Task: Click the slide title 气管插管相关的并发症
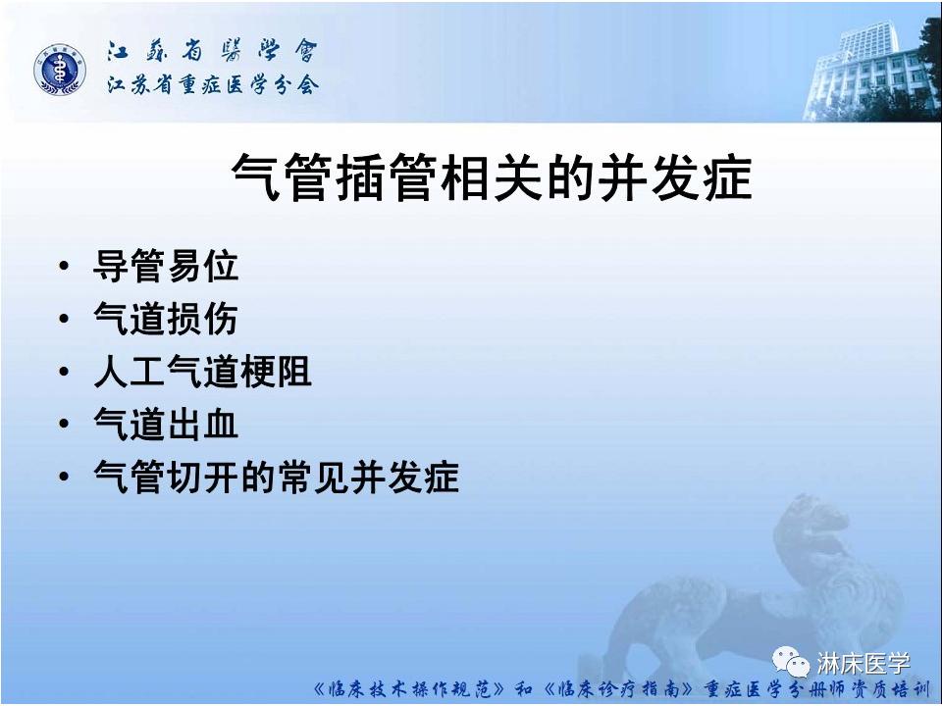[491, 177]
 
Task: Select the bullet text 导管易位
[165, 266]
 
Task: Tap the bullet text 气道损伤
[165, 319]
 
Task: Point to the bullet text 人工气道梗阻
[202, 372]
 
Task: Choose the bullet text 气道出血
[165, 425]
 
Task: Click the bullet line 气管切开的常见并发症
[276, 478]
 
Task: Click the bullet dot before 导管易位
[65, 267]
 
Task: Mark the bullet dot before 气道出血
[65, 426]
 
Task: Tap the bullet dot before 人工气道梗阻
[65, 373]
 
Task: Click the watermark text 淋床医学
[864, 664]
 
